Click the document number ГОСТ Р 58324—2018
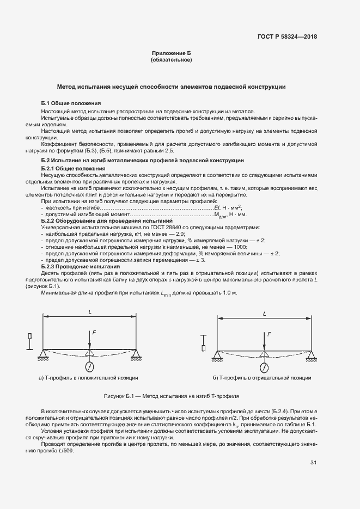pos(287,37)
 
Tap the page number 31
pos(313,463)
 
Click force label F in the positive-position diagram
pos(93,332)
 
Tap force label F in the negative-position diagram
pos(269,332)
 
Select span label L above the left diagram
pos(89,312)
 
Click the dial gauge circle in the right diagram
pos(264,366)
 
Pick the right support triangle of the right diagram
pos(310,355)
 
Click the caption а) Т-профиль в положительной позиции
pos(88,377)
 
